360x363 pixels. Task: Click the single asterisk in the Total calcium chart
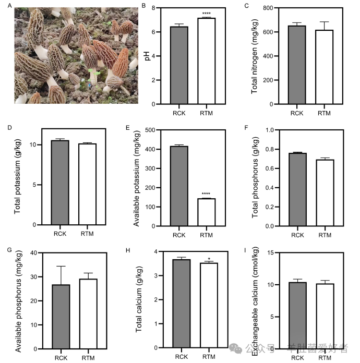pyautogui.click(x=209, y=258)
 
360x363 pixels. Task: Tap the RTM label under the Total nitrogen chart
pyautogui.click(x=325, y=113)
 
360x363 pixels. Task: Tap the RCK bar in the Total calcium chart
pyautogui.click(x=181, y=303)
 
